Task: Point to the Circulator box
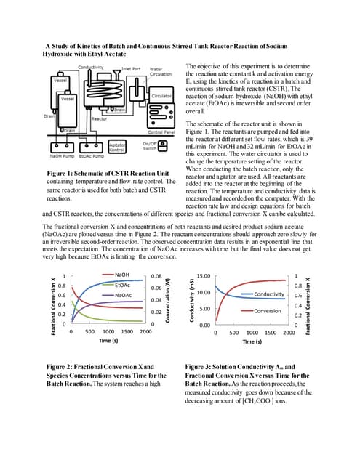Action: pos(161,95)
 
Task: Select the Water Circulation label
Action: pos(161,71)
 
